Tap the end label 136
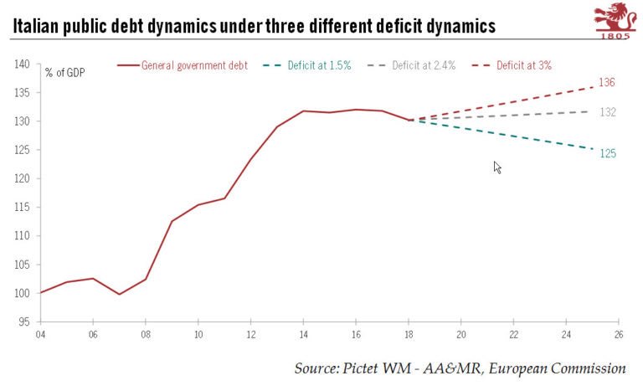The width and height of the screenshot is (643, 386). pos(607,82)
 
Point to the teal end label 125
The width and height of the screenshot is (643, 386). pos(607,153)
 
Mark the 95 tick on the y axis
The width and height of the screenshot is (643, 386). pos(23,322)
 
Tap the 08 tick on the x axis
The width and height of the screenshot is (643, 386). pos(145,334)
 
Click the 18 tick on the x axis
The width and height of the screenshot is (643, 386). pos(409,334)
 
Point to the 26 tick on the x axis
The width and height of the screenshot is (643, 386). pos(619,334)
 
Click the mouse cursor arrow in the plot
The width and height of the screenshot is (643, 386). pos(497,167)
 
